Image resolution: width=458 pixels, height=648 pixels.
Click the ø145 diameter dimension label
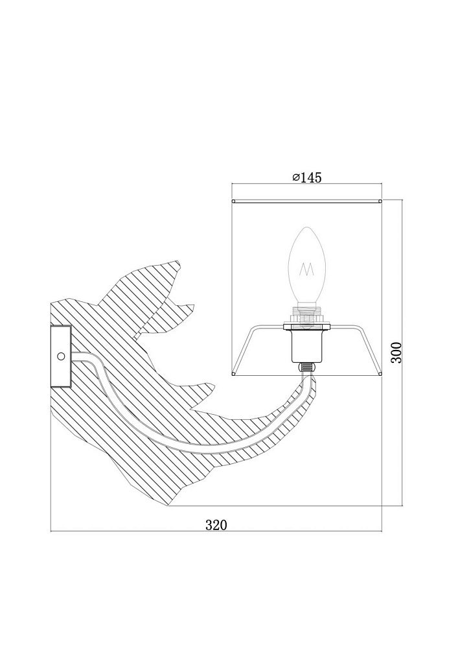click(x=306, y=178)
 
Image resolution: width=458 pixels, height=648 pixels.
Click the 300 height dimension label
click(x=396, y=352)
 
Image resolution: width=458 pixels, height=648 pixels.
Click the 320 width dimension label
click(x=216, y=525)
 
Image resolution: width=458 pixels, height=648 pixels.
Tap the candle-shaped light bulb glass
click(x=307, y=265)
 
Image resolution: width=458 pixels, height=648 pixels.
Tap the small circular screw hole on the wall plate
click(x=61, y=356)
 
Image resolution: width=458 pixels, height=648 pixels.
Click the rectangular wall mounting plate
click(x=61, y=356)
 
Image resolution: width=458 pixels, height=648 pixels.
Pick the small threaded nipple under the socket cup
click(x=306, y=367)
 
